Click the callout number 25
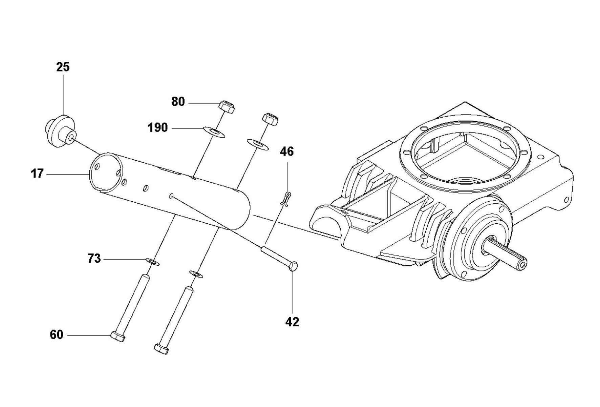[63, 67]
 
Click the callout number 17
[37, 174]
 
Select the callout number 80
[178, 102]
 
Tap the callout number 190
[157, 128]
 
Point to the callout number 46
[286, 151]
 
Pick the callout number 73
[94, 259]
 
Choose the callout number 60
[57, 335]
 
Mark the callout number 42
[292, 322]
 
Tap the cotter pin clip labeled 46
[286, 198]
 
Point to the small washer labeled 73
[153, 262]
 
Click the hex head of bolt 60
[117, 337]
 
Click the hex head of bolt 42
[293, 266]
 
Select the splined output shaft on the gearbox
[508, 256]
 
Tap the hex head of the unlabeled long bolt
[161, 349]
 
